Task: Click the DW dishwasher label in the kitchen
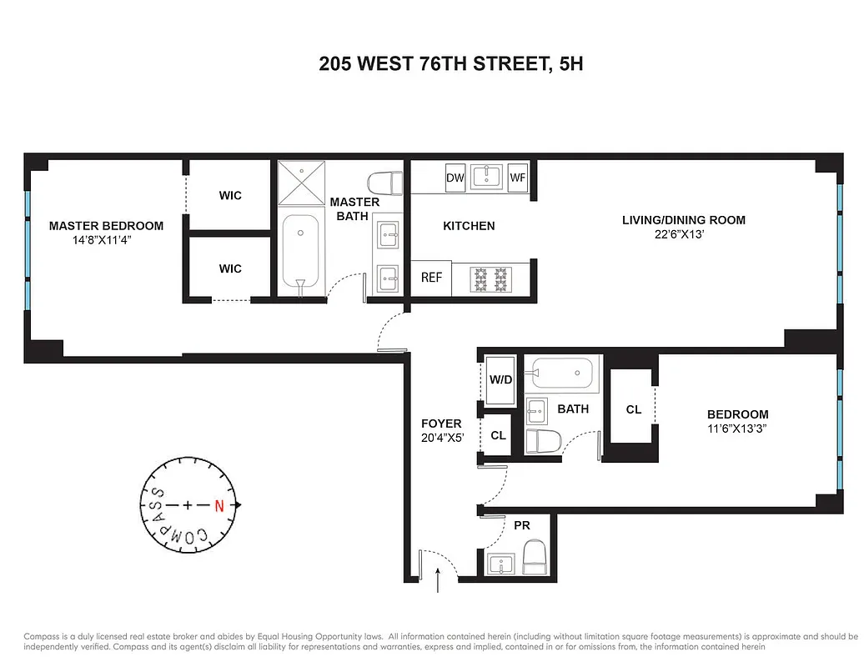coord(455,178)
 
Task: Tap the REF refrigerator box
coord(431,278)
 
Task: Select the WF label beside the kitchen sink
coord(518,178)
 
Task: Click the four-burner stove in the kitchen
coord(490,278)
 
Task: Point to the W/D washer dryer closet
coord(500,380)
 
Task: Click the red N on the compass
coord(219,505)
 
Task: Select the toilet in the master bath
coord(384,183)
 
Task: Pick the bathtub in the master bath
coord(300,251)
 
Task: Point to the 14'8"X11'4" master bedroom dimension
coord(103,239)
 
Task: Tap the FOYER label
coord(441,424)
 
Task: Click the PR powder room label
coord(521,526)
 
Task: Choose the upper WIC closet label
coord(230,195)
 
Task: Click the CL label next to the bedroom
coord(633,409)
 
